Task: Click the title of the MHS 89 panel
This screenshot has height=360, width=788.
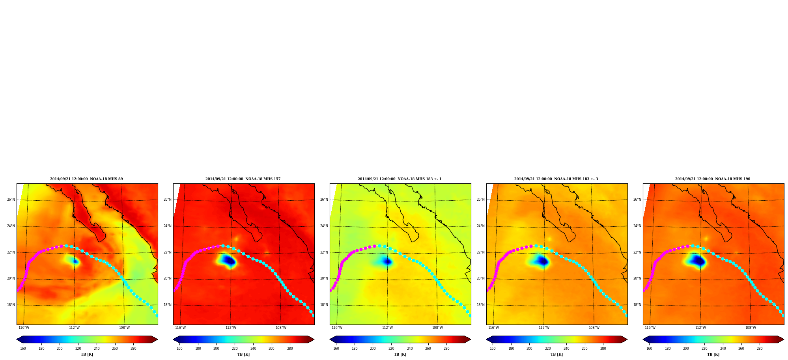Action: pyautogui.click(x=86, y=179)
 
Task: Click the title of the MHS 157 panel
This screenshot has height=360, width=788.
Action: pyautogui.click(x=243, y=179)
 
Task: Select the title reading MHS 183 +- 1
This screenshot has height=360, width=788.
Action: pyautogui.click(x=400, y=179)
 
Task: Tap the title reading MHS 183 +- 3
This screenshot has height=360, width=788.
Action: pyautogui.click(x=556, y=179)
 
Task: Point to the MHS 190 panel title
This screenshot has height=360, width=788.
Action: pyautogui.click(x=713, y=179)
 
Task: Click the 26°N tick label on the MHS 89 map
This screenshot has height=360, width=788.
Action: pyautogui.click(x=11, y=200)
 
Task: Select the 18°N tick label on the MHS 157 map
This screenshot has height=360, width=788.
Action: pyautogui.click(x=167, y=305)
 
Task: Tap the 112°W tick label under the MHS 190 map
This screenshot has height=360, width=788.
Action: pyautogui.click(x=700, y=328)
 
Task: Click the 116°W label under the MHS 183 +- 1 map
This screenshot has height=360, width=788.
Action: pyautogui.click(x=337, y=328)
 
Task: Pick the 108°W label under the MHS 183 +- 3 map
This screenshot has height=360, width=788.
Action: pyautogui.click(x=594, y=328)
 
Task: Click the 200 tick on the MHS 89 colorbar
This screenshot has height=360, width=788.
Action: pyautogui.click(x=60, y=349)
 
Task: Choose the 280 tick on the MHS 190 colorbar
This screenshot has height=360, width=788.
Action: pyautogui.click(x=760, y=349)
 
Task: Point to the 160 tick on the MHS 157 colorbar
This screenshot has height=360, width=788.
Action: pyautogui.click(x=179, y=349)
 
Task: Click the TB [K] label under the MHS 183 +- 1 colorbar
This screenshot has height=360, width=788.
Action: pyautogui.click(x=400, y=354)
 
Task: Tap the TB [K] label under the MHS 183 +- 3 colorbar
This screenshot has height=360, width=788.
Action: pyautogui.click(x=556, y=354)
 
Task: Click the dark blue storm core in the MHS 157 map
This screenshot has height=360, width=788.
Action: pyautogui.click(x=229, y=260)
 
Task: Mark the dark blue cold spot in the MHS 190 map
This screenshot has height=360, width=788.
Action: pyautogui.click(x=698, y=260)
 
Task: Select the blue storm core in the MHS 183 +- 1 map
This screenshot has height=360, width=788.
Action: pyautogui.click(x=387, y=261)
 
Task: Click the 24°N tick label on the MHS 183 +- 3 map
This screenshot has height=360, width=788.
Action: pyautogui.click(x=480, y=226)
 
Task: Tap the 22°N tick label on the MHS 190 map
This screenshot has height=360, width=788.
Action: pyautogui.click(x=637, y=252)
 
